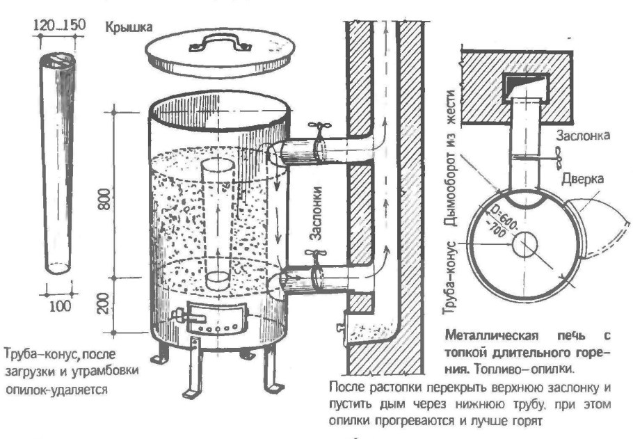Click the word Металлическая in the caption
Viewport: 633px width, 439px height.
click(x=478, y=333)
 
